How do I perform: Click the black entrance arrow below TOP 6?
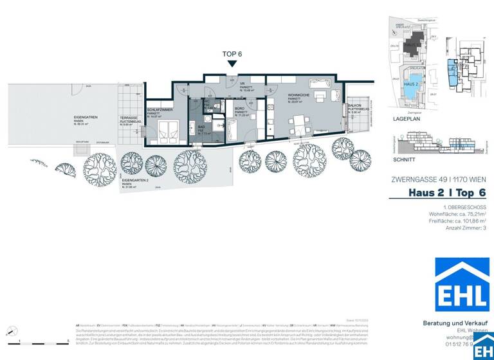tap(232, 63)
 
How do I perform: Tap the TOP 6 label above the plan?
tap(232, 54)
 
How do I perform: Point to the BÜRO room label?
tap(239, 109)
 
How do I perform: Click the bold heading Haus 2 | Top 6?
tap(447, 193)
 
